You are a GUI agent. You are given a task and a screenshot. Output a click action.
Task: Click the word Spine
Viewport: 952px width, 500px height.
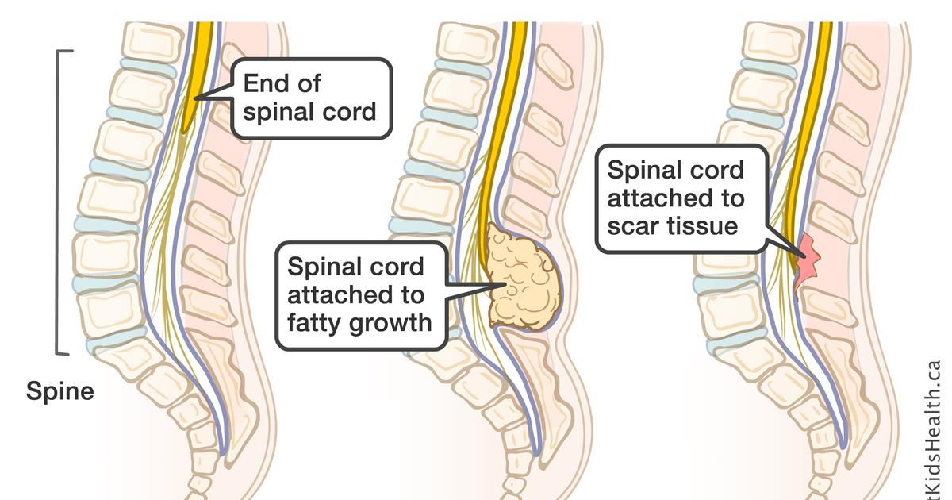pyautogui.click(x=60, y=391)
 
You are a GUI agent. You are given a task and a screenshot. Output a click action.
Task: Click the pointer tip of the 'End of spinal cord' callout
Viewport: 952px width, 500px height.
pyautogui.click(x=194, y=98)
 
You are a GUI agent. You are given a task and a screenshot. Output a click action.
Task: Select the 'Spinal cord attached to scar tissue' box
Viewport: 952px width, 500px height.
pyautogui.click(x=681, y=198)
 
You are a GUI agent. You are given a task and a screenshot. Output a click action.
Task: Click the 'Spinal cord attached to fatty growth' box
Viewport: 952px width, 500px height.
pyautogui.click(x=361, y=294)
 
